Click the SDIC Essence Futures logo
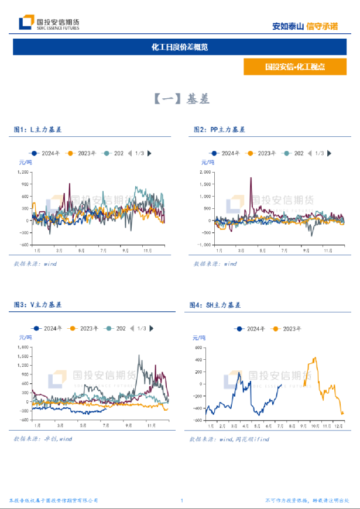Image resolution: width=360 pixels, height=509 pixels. pos(49,23)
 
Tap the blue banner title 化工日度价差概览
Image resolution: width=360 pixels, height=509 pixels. pos(180,47)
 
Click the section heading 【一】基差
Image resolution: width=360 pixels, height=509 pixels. pos(180,99)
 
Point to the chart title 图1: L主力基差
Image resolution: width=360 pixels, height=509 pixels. pos(38,129)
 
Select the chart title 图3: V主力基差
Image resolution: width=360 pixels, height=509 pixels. pos(38,305)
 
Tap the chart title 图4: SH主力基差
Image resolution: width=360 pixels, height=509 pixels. pos(215,305)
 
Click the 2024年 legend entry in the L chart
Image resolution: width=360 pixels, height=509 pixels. pos(47,153)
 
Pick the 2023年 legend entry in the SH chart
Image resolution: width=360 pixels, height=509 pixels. pos(287,329)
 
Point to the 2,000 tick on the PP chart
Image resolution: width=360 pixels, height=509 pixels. pos(205,172)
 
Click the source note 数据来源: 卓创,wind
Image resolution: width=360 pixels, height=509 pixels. pos(43,438)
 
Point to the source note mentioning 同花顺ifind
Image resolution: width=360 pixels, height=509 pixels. pos(229,438)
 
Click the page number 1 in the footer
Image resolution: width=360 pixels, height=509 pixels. pos(182,500)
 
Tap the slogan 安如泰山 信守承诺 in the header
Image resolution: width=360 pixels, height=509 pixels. pos(306,26)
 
